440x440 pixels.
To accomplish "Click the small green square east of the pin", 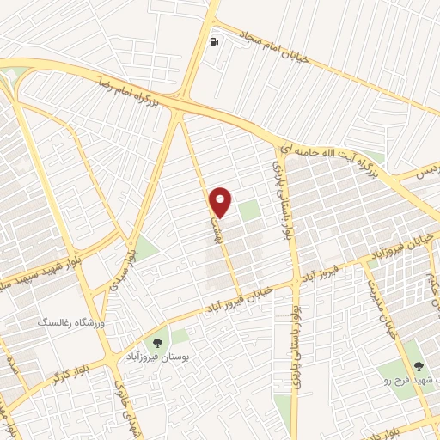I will coord(248,211).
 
